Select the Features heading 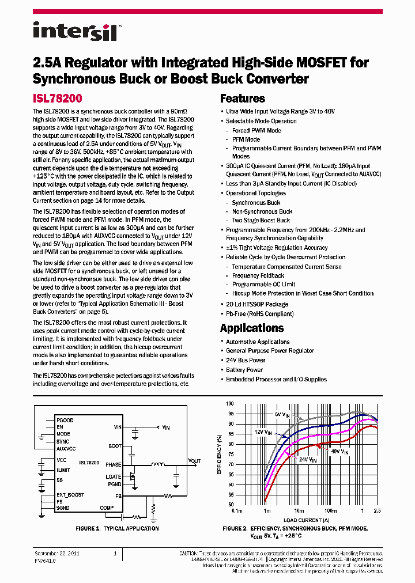pos(243,99)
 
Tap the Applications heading pos(252,328)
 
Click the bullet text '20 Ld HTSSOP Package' pos(256,304)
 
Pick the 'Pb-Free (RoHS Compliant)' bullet pos(259,314)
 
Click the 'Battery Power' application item pos(244,370)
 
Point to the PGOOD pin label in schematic pos(65,421)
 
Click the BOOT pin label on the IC pos(115,446)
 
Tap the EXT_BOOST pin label pos(70,495)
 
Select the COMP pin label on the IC pos(107,508)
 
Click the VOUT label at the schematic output pos(195,461)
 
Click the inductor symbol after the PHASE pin pos(156,464)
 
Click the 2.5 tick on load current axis pos(378,511)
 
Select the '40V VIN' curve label pos(339,453)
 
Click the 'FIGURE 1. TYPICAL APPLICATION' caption pos(117,528)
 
